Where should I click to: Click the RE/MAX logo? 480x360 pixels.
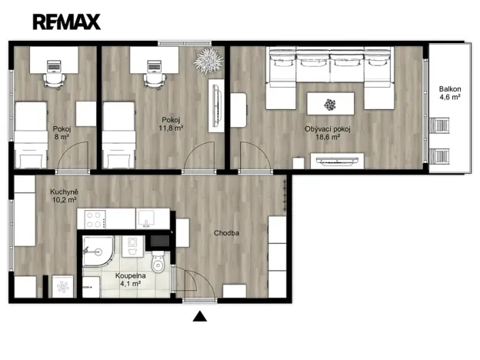coord(67,22)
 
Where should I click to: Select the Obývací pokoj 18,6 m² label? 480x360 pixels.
coord(327,133)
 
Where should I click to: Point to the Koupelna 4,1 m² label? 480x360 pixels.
coord(132,278)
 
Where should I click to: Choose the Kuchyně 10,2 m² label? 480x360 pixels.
coord(63,195)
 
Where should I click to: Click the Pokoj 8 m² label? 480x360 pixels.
coord(61,133)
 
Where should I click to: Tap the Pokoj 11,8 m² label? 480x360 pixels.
coord(172,124)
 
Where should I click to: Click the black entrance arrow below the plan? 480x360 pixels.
coord(200,315)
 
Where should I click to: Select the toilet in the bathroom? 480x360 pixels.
coord(158,264)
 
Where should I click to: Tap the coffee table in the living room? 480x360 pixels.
coord(330,103)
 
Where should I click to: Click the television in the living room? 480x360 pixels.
coord(336,160)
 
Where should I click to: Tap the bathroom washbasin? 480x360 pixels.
coord(132,245)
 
